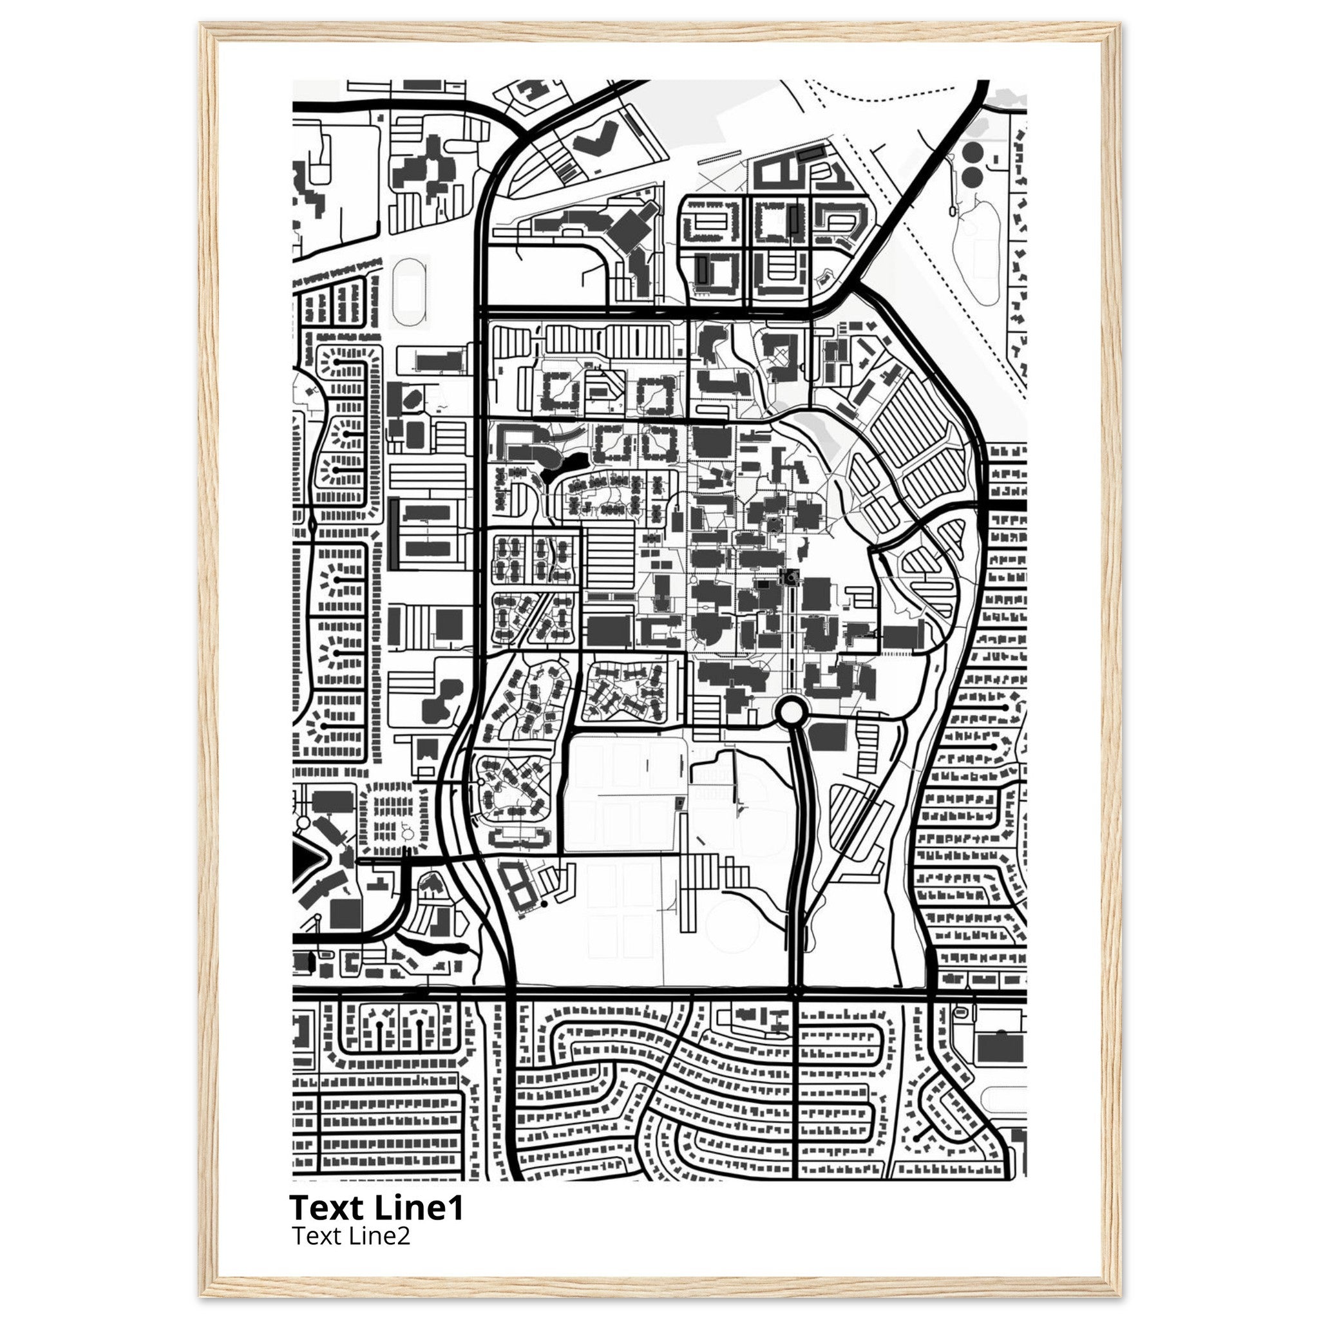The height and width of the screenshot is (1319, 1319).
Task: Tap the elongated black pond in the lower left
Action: [x=430, y=948]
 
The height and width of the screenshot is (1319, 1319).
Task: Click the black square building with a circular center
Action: [x=791, y=578]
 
